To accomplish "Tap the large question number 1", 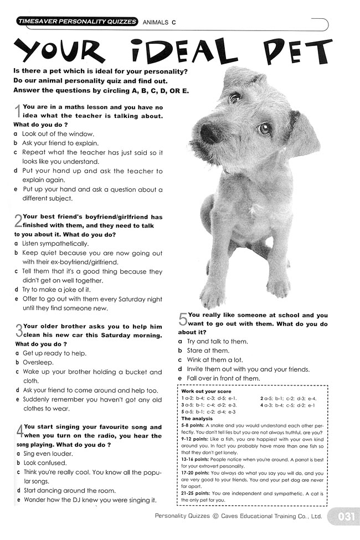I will pyautogui.click(x=17, y=111).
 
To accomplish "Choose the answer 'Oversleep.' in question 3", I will pyautogui.click(x=38, y=362).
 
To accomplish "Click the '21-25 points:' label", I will pyautogui.click(x=196, y=493).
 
